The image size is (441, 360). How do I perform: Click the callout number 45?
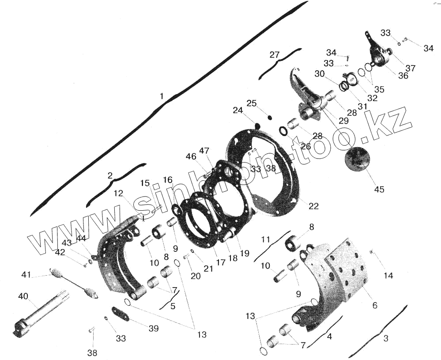coord(379,189)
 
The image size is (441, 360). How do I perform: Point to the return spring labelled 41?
coord(74,284)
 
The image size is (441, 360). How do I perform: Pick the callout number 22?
coord(314,206)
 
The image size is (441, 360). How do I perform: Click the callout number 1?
coord(162,96)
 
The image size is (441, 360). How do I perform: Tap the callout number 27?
coord(275,54)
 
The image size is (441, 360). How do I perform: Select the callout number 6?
coord(375,305)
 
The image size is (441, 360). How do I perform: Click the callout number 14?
coord(388,275)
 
